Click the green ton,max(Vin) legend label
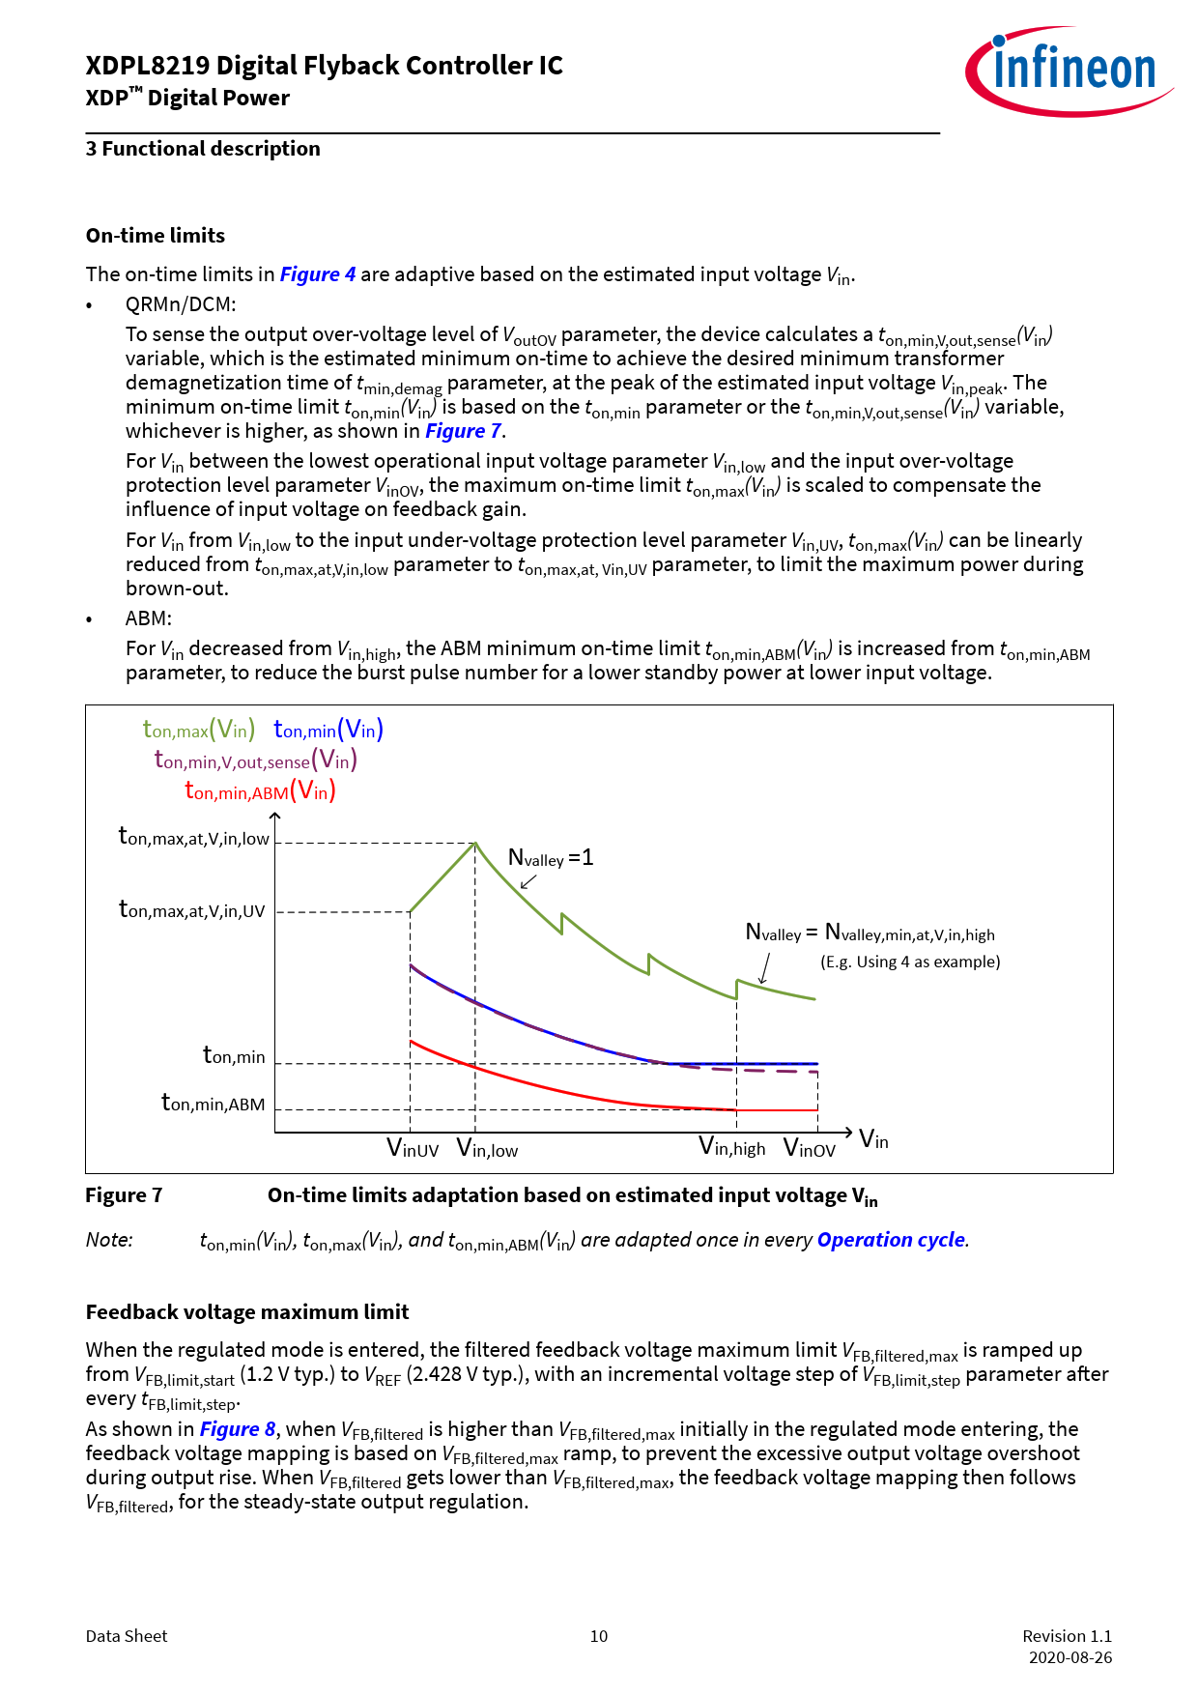[x=199, y=730]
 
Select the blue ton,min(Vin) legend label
[x=328, y=730]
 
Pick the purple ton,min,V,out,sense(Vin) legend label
[x=256, y=761]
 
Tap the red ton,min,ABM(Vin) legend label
[x=260, y=791]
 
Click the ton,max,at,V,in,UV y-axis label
[x=191, y=909]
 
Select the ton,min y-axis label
[x=234, y=1055]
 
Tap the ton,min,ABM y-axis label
[x=213, y=1103]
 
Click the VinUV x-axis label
[x=413, y=1148]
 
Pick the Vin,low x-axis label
[x=487, y=1148]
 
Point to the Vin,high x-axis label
[x=732, y=1148]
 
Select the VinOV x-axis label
[x=810, y=1148]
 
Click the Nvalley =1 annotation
[x=551, y=858]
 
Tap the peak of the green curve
[x=474, y=844]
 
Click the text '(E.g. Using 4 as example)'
[x=910, y=962]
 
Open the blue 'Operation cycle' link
[x=891, y=1240]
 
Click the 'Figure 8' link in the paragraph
[x=238, y=1429]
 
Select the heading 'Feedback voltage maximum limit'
[x=247, y=1312]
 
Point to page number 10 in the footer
[x=599, y=1636]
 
